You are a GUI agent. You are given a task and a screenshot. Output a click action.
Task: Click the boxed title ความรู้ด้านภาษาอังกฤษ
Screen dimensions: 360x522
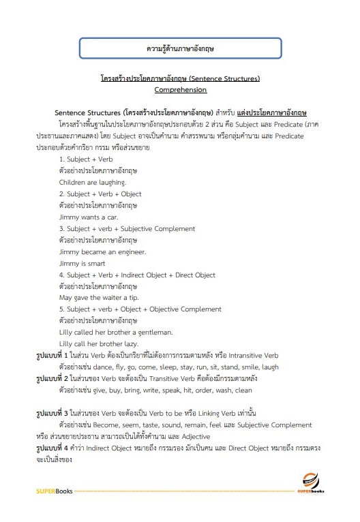tap(179, 50)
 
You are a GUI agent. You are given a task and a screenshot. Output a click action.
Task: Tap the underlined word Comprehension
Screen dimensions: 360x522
tap(180, 89)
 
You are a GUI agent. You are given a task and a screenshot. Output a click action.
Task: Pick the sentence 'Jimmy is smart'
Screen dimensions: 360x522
tap(82, 263)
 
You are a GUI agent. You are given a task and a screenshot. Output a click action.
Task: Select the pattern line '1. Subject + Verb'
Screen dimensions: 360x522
tap(86, 158)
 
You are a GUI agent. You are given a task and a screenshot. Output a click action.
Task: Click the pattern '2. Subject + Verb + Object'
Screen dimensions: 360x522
tap(100, 194)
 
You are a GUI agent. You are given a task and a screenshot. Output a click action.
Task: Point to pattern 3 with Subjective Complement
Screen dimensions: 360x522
tap(127, 228)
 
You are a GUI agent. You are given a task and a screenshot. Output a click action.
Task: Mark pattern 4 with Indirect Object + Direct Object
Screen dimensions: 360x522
tap(137, 275)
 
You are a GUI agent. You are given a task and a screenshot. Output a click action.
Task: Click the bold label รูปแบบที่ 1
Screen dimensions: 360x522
tap(52, 355)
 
